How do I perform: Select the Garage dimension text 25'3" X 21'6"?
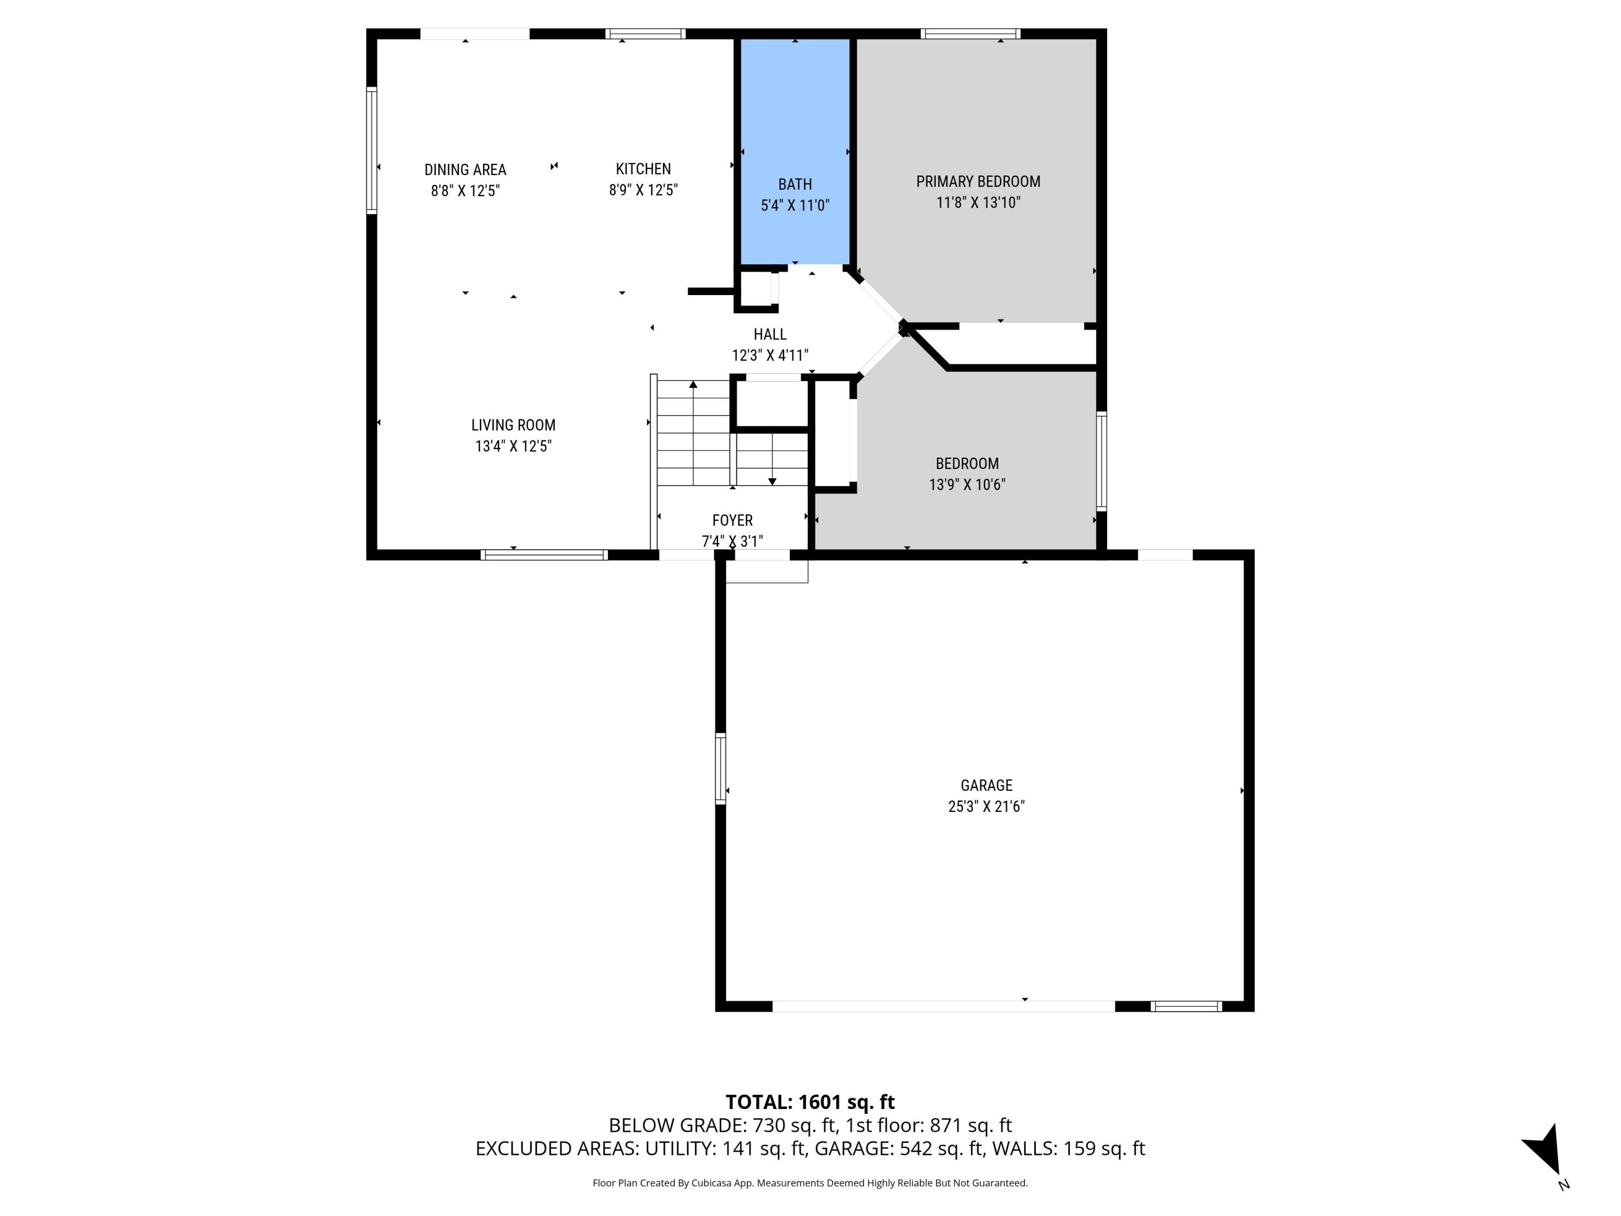[x=986, y=806]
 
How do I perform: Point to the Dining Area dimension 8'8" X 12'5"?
[x=465, y=191]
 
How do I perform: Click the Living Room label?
[x=513, y=425]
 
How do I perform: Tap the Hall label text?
[x=769, y=334]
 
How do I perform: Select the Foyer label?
[x=732, y=520]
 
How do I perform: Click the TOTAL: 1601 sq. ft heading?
[x=810, y=1101]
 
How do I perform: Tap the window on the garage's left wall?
[x=720, y=768]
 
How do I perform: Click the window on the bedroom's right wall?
[x=1101, y=461]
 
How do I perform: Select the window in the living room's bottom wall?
[x=544, y=555]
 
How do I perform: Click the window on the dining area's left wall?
[x=372, y=150]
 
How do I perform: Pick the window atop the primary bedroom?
[x=970, y=34]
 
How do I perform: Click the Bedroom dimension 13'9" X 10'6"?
[x=967, y=484]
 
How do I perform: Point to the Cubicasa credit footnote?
[x=810, y=1183]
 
